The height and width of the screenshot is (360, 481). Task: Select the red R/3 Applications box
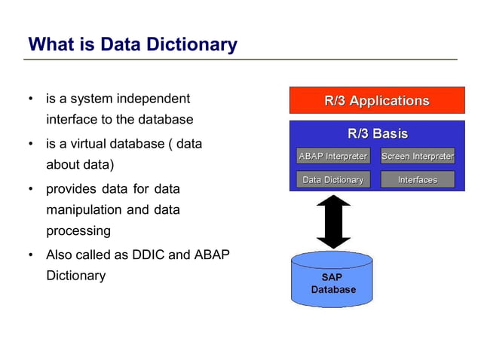click(377, 100)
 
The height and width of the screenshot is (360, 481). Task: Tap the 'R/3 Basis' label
click(377, 134)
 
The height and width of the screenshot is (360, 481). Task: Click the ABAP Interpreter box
click(332, 157)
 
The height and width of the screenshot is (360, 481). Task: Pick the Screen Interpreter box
click(418, 157)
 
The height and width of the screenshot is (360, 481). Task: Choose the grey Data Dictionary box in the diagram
click(332, 180)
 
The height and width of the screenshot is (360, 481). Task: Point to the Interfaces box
click(418, 180)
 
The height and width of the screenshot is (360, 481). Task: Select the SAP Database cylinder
click(333, 281)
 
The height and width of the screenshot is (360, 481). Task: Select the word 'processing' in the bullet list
click(78, 231)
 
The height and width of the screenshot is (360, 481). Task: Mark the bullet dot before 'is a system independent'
click(30, 99)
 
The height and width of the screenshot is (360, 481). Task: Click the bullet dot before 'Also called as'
click(30, 255)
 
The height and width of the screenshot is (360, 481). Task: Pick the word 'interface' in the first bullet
click(72, 120)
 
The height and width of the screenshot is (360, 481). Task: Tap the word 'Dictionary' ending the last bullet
click(75, 276)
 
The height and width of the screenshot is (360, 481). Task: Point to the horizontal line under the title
click(241, 59)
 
